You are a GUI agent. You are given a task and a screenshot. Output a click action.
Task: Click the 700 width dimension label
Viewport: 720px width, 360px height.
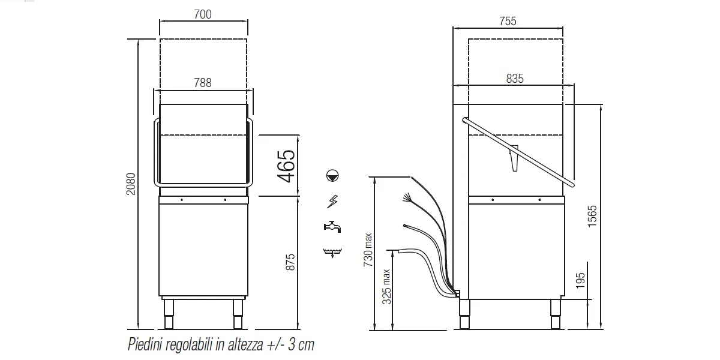(203, 14)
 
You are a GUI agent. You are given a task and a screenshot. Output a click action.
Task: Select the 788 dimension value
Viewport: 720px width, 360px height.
(203, 83)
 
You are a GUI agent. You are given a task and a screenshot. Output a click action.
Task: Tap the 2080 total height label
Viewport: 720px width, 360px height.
(131, 184)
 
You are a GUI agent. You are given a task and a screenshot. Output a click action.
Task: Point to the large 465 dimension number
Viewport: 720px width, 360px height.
(286, 166)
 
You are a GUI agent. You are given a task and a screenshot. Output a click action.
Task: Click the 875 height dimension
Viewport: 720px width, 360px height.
(290, 262)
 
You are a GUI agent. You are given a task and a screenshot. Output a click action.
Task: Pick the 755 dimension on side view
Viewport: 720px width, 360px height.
(508, 21)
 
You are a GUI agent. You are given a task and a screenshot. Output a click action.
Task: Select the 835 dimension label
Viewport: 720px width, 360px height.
(515, 79)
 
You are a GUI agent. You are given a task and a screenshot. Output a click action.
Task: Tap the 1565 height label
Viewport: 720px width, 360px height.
(592, 217)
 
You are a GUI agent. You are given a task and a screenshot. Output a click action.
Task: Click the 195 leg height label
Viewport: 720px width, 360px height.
(580, 281)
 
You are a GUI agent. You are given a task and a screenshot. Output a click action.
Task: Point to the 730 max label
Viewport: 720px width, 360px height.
(368, 250)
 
